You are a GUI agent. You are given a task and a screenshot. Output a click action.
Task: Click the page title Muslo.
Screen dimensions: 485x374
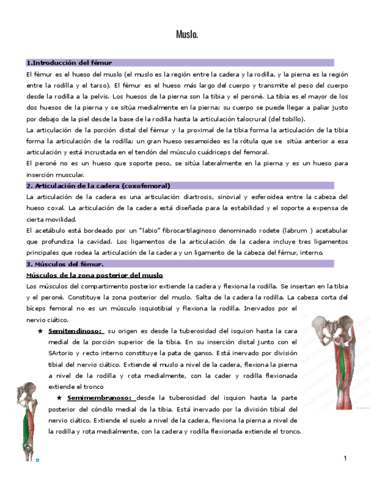tap(187, 35)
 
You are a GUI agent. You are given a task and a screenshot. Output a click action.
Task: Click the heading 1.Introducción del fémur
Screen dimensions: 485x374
tap(69, 62)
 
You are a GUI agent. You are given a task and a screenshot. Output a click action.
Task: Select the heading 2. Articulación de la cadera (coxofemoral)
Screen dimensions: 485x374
tap(98, 185)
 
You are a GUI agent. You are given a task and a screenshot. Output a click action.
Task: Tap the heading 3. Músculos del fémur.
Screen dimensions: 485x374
tap(65, 264)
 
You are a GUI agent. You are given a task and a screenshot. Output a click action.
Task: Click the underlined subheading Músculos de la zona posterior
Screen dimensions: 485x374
tap(95, 275)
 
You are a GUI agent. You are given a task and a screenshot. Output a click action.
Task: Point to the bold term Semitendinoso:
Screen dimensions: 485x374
tap(75, 331)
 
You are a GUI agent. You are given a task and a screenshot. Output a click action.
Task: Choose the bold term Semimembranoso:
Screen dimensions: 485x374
tap(99, 397)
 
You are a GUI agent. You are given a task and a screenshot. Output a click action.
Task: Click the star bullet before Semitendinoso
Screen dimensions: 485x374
tap(40, 331)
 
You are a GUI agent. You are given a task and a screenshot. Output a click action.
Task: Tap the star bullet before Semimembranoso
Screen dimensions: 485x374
tap(59, 397)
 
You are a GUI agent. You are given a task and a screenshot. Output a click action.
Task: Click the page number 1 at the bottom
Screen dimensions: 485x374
tap(345, 459)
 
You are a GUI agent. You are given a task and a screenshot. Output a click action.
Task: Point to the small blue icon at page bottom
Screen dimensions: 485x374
tap(38, 459)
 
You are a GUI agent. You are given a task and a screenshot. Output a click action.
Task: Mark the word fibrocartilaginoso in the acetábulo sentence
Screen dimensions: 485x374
tap(188, 230)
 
